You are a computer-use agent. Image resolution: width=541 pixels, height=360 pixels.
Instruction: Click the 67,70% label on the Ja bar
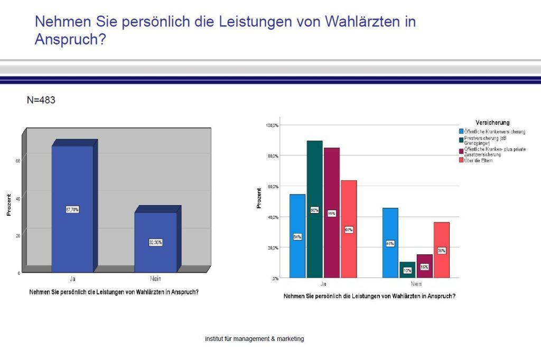pos(72,210)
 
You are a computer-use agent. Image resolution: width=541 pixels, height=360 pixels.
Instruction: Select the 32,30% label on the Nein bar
pos(155,243)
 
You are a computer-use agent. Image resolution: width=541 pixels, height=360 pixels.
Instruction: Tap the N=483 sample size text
pos(41,99)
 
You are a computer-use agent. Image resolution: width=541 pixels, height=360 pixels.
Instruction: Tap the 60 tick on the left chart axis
pos(18,161)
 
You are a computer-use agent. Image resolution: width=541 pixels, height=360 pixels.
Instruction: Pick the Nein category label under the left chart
pos(155,279)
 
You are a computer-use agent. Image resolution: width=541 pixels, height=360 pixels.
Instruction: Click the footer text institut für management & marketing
pos(254,339)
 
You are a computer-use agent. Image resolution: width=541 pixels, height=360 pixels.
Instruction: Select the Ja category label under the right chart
pos(323,284)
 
